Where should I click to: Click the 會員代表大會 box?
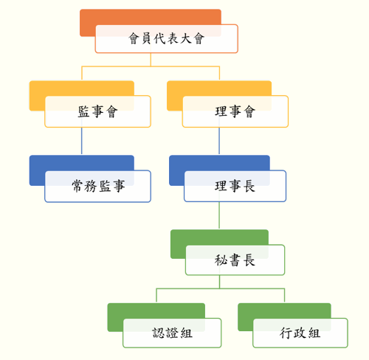point(167,38)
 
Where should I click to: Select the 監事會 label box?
point(97,111)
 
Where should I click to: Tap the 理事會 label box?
point(235,111)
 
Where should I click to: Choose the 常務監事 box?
point(97,186)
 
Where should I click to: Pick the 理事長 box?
point(235,186)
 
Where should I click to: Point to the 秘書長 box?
point(235,260)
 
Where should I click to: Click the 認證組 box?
point(172,333)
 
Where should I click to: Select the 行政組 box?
point(300,333)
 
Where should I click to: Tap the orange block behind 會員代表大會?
point(151,17)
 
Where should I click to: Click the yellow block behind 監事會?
point(82,88)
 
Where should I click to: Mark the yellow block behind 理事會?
point(219,88)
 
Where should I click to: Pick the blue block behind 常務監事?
point(82,162)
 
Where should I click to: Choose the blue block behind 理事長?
point(219,162)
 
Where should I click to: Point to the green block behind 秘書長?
point(219,237)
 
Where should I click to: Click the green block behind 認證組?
point(156,311)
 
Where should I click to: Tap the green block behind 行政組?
point(284,311)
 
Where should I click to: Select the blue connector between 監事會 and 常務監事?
point(82,141)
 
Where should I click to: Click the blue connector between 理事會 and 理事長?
point(219,141)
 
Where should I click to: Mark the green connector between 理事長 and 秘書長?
point(219,215)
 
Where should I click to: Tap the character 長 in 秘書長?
point(249,260)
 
